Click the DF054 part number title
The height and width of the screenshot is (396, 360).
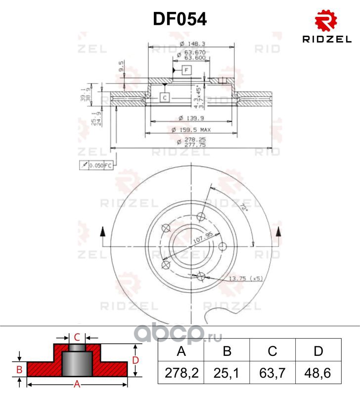tap(180, 19)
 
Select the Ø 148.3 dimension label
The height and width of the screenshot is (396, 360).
tap(190, 44)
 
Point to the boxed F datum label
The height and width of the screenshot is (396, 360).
tap(186, 70)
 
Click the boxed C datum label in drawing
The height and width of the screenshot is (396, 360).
tap(165, 97)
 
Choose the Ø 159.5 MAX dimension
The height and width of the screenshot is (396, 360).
tap(191, 130)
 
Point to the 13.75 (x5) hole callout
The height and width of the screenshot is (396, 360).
tap(245, 279)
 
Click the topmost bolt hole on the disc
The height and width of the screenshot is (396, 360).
tap(201, 216)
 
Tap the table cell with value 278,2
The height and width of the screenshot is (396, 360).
tap(181, 370)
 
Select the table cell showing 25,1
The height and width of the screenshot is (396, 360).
tap(227, 370)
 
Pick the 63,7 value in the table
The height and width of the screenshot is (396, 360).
tap(272, 370)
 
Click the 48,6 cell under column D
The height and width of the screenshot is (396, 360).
tap(318, 370)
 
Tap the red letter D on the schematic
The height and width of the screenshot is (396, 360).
tap(134, 359)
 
